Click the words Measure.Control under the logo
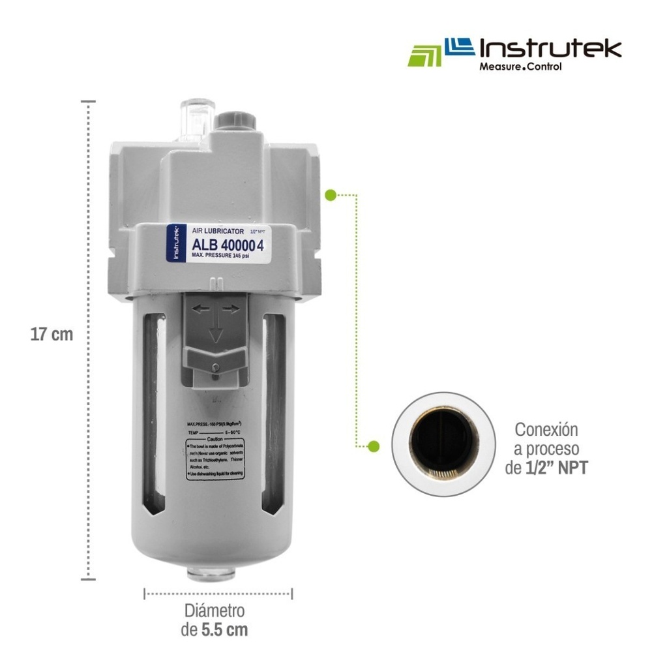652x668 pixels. pos(520,67)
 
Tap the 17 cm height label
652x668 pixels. pos(52,335)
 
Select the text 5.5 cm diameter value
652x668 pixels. pos(224,630)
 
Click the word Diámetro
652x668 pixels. pos(215,611)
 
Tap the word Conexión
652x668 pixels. pos(546,430)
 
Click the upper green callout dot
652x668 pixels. pos(331,194)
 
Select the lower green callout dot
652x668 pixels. pos(374,447)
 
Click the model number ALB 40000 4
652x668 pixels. pos(228,245)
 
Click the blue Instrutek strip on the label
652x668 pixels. pos(174,244)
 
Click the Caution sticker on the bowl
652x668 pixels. pos(215,457)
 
